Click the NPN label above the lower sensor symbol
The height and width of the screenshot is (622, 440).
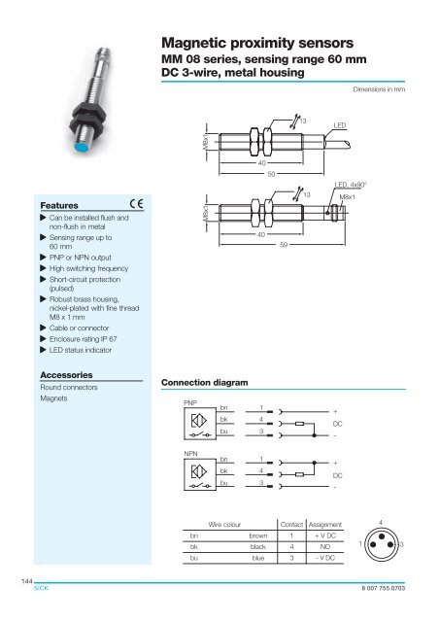coord(190,453)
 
